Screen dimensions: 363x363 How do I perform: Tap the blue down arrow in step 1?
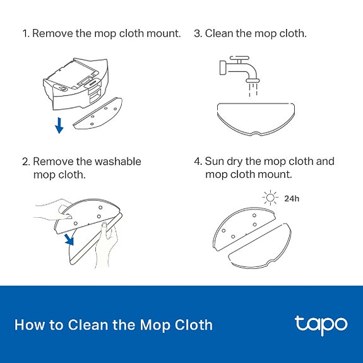[x=59, y=125]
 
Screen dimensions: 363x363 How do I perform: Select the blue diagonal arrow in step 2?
[x=69, y=239]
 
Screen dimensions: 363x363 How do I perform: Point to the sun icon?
[x=270, y=198]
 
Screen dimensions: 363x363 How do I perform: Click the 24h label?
[x=292, y=199]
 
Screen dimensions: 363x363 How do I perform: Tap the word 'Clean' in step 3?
[x=219, y=33]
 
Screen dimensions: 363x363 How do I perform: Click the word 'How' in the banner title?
[x=30, y=324]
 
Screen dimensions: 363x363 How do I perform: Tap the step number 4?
[x=198, y=162]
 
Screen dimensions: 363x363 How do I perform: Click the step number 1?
[x=26, y=33]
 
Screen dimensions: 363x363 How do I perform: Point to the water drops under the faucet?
[x=253, y=90]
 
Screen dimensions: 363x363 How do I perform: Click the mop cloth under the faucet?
[x=256, y=119]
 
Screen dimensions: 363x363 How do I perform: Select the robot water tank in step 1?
[x=76, y=84]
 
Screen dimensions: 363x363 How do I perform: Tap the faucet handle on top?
[x=239, y=58]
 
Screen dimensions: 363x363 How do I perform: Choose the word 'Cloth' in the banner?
[x=193, y=324]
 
